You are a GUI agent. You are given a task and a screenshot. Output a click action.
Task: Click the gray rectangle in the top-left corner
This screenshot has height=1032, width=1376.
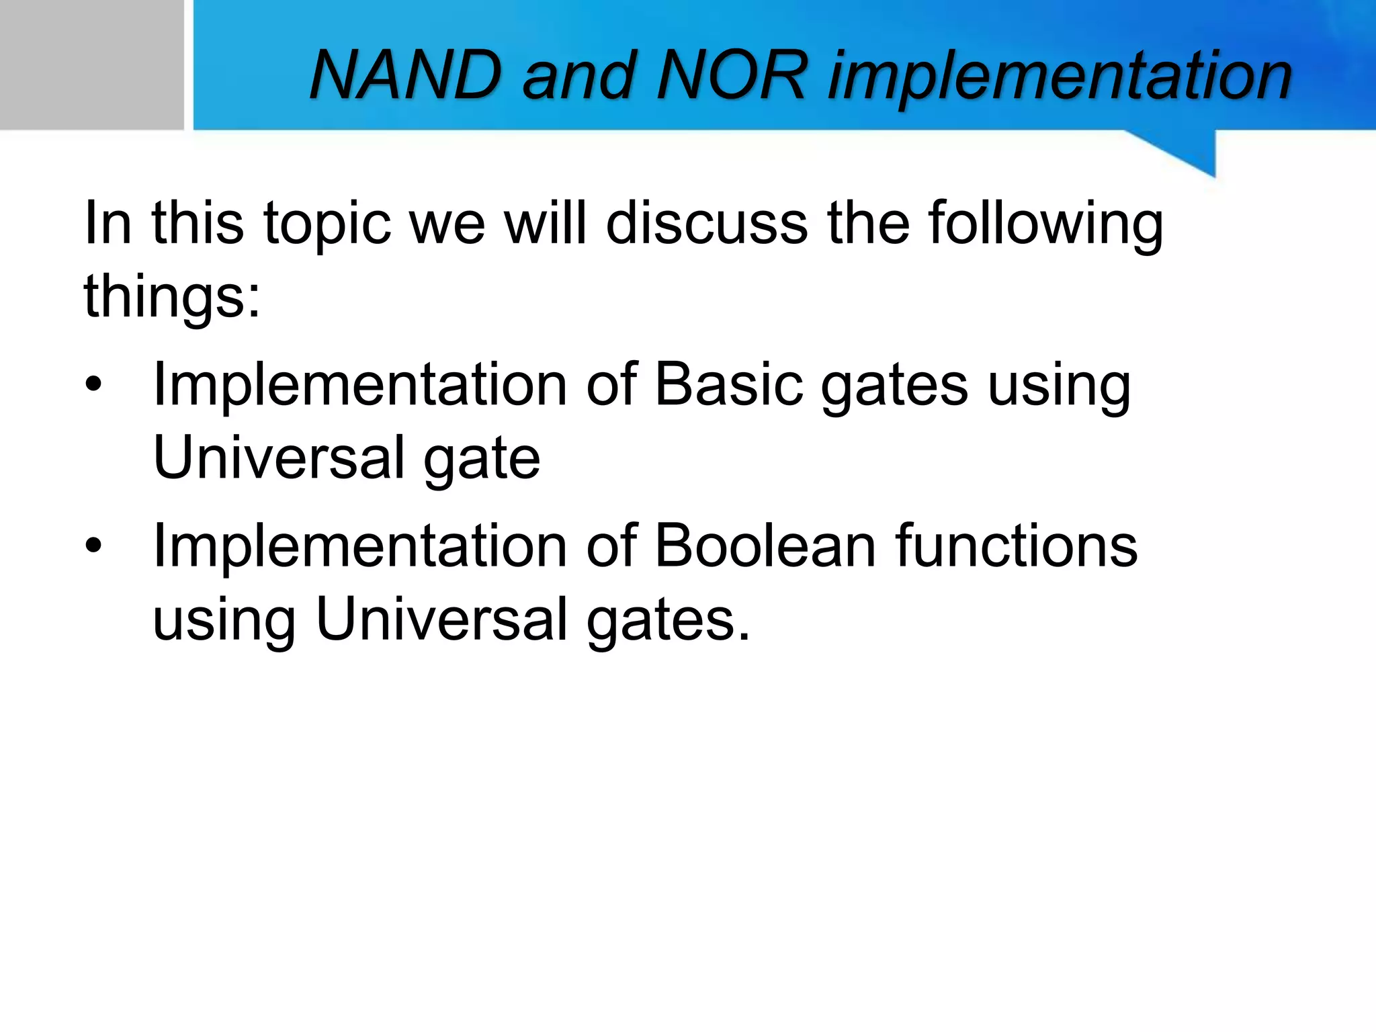91,64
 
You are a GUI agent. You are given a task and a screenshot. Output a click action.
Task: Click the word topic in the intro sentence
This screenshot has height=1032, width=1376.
327,224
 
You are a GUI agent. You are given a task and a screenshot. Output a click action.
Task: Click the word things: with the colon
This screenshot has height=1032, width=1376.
172,298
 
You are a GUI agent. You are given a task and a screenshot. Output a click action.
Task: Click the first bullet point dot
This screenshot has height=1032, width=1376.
93,385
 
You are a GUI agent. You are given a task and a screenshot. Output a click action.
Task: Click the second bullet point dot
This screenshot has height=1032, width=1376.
93,546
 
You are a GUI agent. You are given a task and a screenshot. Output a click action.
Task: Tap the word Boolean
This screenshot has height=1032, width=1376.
765,546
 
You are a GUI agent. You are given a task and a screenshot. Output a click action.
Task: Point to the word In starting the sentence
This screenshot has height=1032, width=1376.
107,224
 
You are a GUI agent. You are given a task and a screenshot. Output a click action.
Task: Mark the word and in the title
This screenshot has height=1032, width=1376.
578,77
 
